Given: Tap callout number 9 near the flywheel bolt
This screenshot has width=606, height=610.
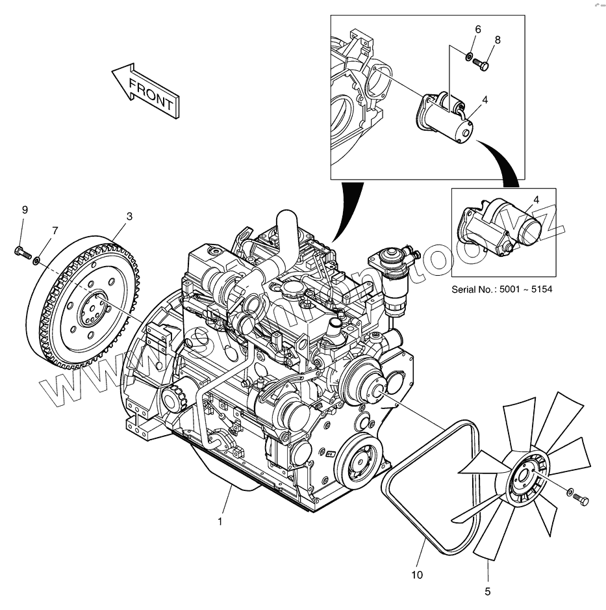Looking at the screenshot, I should (25, 209).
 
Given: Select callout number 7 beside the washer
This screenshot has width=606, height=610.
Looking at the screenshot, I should (55, 230).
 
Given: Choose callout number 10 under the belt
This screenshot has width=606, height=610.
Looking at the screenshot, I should (417, 575).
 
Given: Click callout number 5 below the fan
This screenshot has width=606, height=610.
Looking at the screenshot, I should (487, 591).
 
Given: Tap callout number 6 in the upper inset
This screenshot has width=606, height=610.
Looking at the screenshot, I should (478, 29).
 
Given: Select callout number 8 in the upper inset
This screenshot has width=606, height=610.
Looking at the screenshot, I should (498, 40).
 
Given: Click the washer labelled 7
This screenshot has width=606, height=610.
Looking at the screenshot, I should (37, 261).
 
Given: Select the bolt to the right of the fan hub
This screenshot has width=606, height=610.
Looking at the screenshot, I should (580, 498).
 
